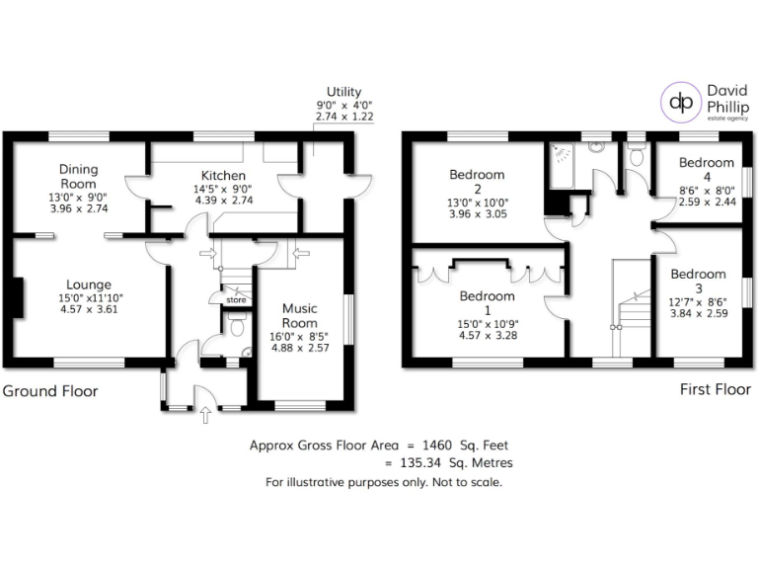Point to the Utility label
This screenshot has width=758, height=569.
tap(343, 91)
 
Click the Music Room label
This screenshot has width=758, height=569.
tap(299, 315)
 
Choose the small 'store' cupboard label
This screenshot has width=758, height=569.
tap(235, 299)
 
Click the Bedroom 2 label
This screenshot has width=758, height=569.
tap(477, 182)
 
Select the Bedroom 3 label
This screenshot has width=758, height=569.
tap(698, 281)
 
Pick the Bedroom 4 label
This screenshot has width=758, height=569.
tap(706, 169)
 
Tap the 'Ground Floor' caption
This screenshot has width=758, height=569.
tap(50, 391)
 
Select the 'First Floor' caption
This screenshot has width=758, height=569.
tap(716, 390)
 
